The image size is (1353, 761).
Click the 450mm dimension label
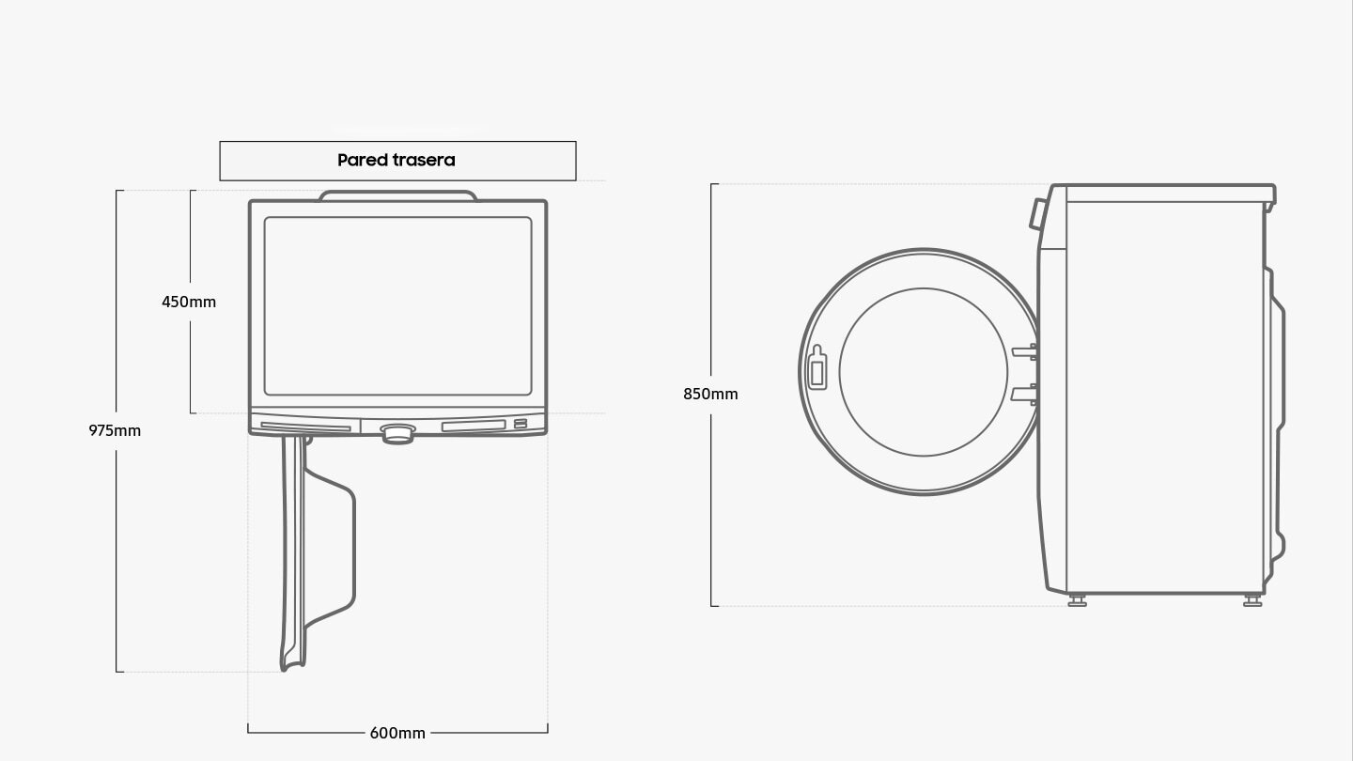[x=189, y=302]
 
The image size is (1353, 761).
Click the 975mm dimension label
[x=115, y=430]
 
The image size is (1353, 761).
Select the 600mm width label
[x=397, y=733]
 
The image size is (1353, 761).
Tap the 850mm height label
[x=710, y=394]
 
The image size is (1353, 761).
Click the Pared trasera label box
[x=397, y=161]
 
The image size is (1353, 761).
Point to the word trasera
[x=424, y=161]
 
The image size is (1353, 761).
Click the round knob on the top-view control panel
[x=397, y=432]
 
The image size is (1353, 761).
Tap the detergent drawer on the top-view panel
[x=305, y=427]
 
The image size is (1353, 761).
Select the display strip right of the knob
[x=473, y=426]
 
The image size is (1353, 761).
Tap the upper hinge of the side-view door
[x=1025, y=352]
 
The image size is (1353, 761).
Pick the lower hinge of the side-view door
[x=1025, y=394]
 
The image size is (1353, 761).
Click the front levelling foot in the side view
[x=1078, y=599]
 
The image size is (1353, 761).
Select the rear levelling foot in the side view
[x=1252, y=599]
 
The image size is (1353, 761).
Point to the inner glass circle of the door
[x=923, y=372]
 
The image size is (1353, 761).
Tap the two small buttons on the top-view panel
[x=520, y=425]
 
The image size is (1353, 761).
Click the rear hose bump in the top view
[x=397, y=195]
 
